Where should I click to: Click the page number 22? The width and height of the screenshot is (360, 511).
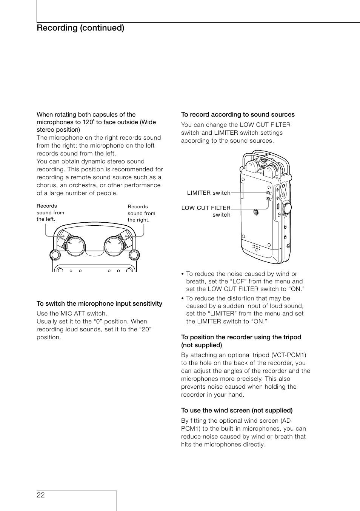pyautogui.click(x=41, y=495)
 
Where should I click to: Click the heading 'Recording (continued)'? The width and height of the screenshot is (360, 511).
pyautogui.click(x=80, y=28)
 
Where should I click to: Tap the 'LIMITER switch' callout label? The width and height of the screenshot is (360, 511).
pyautogui.click(x=209, y=193)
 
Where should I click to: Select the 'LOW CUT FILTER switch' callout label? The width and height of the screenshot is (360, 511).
pyautogui.click(x=206, y=211)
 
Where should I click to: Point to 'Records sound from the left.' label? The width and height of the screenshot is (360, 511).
pyautogui.click(x=50, y=212)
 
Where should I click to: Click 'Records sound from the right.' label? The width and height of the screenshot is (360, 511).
pyautogui.click(x=141, y=213)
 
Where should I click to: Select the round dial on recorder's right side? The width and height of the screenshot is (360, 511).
pyautogui.click(x=287, y=207)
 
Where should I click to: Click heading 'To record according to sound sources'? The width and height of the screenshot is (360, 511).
pyautogui.click(x=238, y=114)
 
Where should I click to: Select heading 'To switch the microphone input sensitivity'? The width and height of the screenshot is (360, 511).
pyautogui.click(x=99, y=303)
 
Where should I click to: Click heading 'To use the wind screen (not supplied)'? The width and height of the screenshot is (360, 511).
pyautogui.click(x=237, y=410)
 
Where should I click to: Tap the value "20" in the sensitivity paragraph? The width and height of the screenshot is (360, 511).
pyautogui.click(x=144, y=329)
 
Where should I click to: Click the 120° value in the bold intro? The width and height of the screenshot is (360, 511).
pyautogui.click(x=88, y=122)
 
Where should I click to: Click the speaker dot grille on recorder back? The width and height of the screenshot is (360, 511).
pyautogui.click(x=257, y=248)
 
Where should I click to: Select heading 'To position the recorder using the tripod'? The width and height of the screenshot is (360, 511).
pyautogui.click(x=241, y=337)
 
